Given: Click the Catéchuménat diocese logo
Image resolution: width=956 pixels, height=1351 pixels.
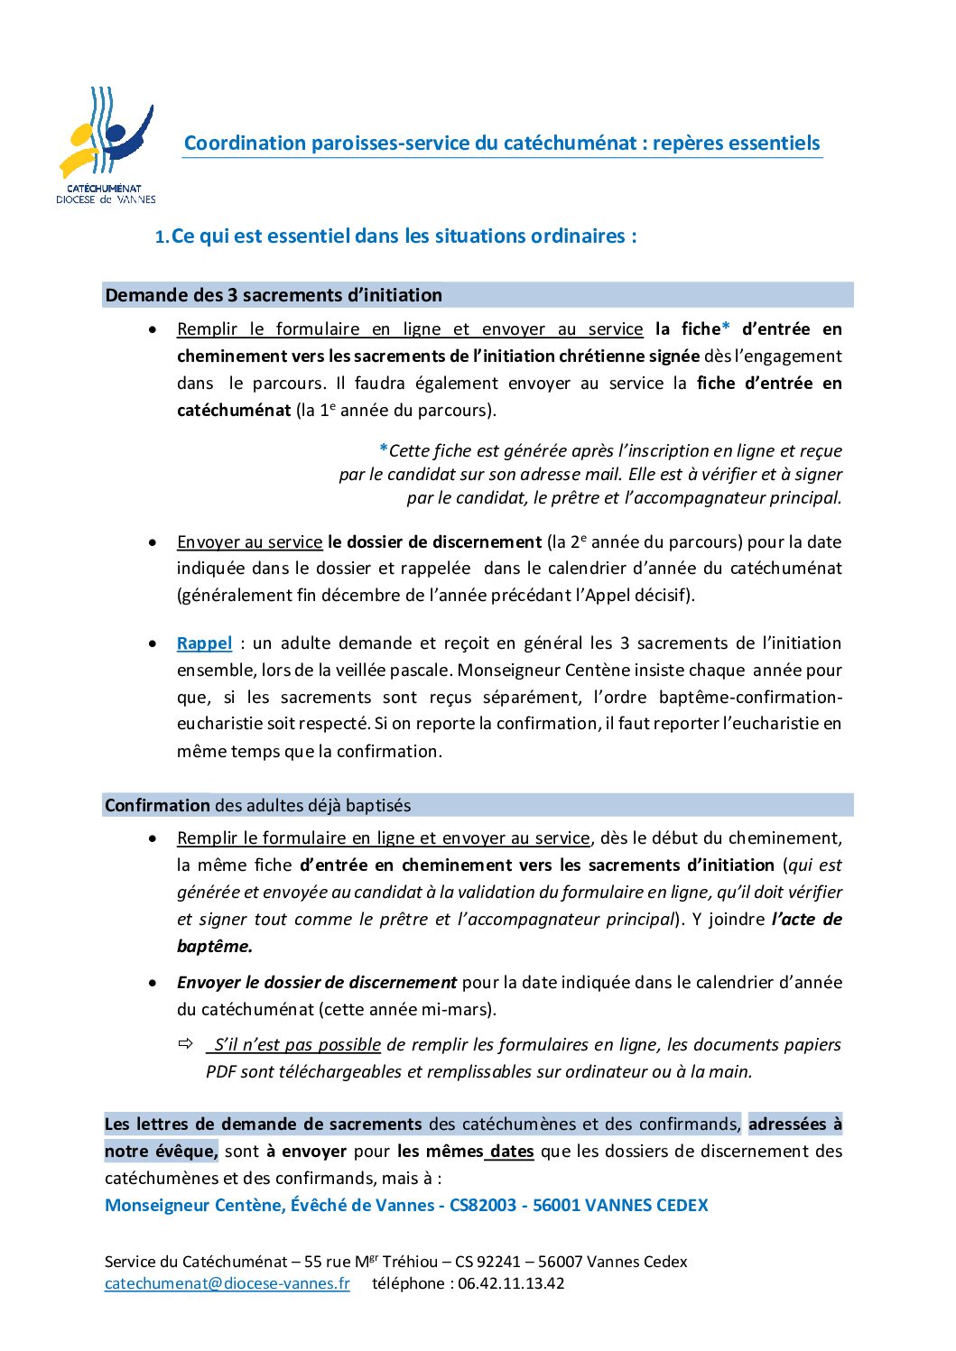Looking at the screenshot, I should [106, 144].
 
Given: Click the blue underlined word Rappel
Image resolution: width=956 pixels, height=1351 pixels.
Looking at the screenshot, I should [204, 643].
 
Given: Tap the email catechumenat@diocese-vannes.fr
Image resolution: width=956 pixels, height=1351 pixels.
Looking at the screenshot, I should [227, 1283].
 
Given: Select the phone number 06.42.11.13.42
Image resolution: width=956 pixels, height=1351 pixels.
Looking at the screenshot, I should [511, 1283].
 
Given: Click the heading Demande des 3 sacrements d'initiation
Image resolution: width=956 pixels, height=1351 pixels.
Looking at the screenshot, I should [274, 295].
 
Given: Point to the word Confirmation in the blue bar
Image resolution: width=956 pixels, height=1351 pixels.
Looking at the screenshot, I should [157, 805].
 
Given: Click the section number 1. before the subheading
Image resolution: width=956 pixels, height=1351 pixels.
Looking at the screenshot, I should [162, 237].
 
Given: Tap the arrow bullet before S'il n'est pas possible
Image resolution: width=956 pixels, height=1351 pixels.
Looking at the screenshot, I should [186, 1044].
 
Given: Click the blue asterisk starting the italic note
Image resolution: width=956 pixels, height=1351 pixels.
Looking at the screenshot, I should [384, 450].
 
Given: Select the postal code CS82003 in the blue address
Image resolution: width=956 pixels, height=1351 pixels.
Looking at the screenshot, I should [483, 1205].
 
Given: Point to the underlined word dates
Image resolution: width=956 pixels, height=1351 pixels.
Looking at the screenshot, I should [512, 1152].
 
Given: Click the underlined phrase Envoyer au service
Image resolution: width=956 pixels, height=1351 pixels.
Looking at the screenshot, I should [249, 542].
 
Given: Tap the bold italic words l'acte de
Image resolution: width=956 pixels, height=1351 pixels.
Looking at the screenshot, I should [807, 920].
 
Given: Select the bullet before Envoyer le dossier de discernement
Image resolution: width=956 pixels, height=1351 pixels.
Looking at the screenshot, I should [153, 983].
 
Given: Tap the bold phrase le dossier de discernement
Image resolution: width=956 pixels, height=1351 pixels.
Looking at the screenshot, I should [434, 542].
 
